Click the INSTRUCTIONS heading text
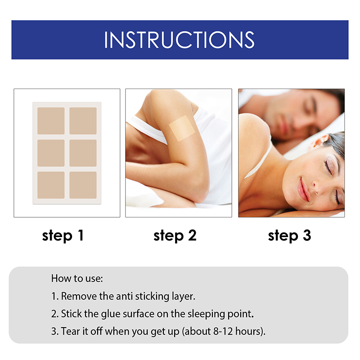[179, 40]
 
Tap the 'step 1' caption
[63, 235]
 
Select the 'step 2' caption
[175, 235]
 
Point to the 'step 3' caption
[289, 235]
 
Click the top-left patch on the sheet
[51, 121]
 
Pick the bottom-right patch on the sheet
[83, 185]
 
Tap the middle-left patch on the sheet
[51, 153]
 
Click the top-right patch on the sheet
[83, 121]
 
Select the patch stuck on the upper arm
[182, 128]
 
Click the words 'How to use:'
[77, 278]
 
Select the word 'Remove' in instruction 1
[76, 296]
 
